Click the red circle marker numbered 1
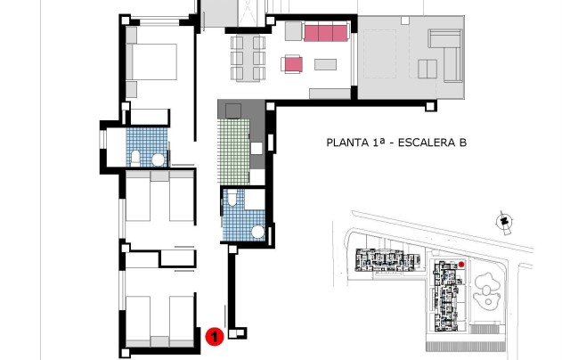214,336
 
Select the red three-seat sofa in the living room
325,33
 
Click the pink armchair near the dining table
292,63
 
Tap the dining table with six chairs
248,57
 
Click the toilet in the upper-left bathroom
134,159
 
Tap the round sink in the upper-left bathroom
158,160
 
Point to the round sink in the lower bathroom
258,232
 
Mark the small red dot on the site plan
461,264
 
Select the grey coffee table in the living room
324,64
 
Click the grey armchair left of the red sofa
293,32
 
